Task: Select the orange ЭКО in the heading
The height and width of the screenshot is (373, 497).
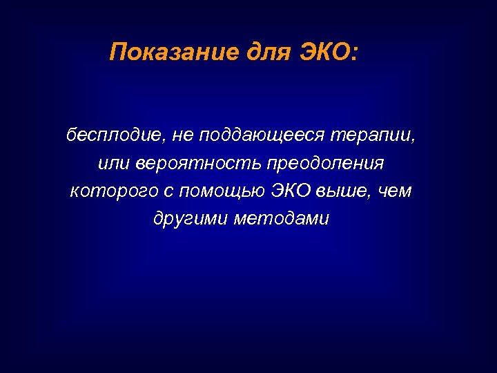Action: (x=324, y=52)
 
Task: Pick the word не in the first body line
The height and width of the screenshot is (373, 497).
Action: (x=182, y=135)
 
